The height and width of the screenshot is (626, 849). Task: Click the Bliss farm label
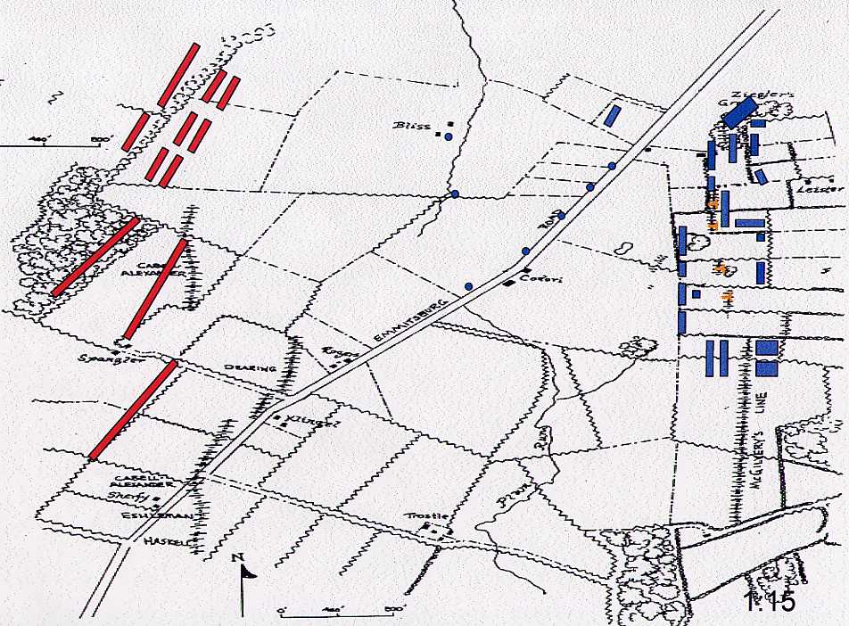pos(411,126)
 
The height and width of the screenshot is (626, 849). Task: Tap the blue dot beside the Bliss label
pos(448,136)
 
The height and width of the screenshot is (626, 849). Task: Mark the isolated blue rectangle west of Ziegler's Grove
pos(612,115)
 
